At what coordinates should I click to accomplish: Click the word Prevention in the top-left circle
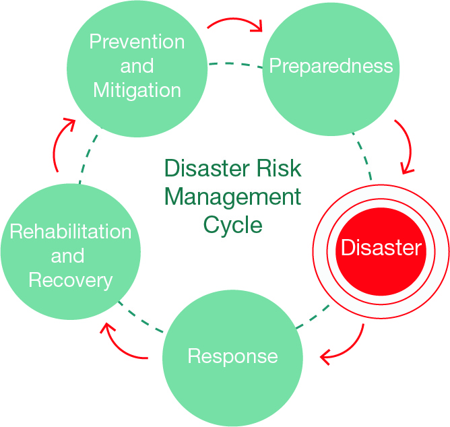[137, 42]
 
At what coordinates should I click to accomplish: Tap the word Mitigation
[137, 90]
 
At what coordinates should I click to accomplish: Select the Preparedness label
[331, 65]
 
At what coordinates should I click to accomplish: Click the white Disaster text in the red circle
[381, 248]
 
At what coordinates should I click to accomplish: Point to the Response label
[232, 356]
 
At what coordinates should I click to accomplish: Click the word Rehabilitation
[70, 232]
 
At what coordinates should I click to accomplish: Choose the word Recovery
[70, 280]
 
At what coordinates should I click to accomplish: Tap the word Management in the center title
[232, 197]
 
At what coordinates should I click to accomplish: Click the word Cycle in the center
[232, 224]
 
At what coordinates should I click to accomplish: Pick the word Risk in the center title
[277, 168]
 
